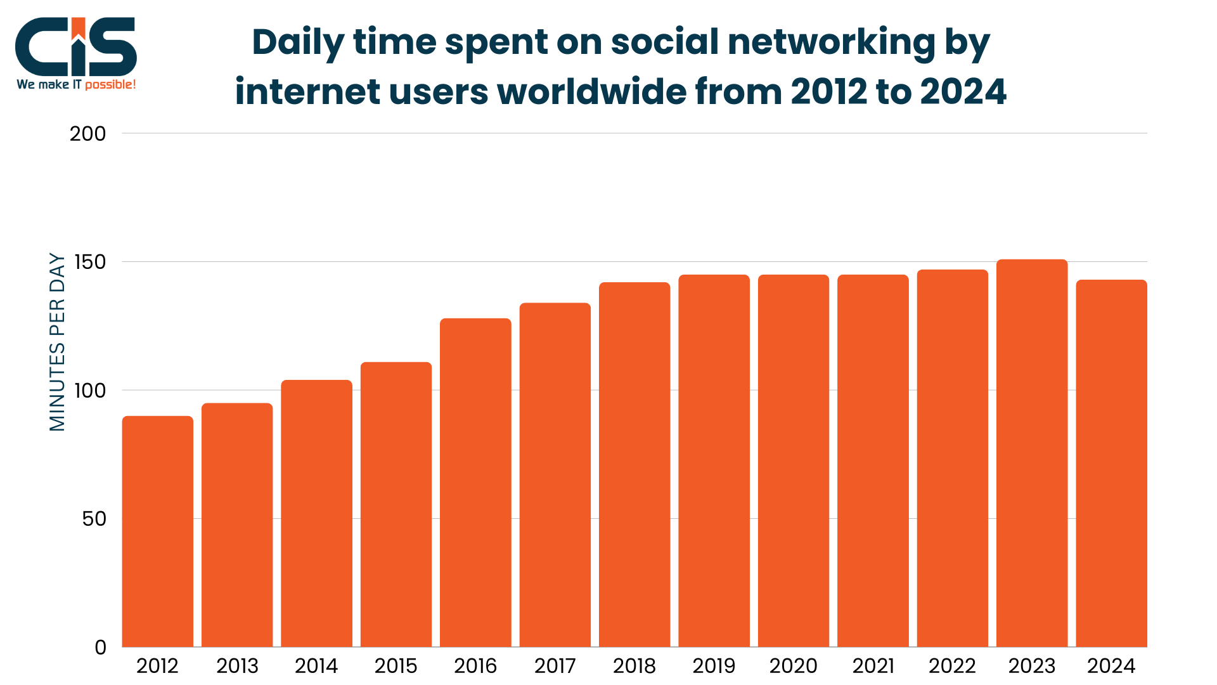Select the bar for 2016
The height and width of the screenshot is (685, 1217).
(475, 482)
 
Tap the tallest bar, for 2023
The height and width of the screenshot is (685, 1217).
(1031, 453)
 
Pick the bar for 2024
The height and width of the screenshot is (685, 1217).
(1111, 463)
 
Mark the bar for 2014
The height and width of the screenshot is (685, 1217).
(316, 514)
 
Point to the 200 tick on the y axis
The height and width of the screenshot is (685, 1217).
(87, 134)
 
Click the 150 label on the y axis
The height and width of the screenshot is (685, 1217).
(89, 262)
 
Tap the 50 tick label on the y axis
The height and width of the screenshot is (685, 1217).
(94, 519)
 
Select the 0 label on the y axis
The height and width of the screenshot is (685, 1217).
(100, 648)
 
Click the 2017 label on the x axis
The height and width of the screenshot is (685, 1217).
(555, 666)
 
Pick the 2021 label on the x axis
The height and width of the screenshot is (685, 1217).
(873, 666)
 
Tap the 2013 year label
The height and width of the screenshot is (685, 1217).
(237, 666)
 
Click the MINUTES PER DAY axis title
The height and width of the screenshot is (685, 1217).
(57, 342)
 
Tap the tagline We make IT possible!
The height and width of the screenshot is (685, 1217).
(76, 84)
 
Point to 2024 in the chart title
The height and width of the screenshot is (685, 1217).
(963, 92)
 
